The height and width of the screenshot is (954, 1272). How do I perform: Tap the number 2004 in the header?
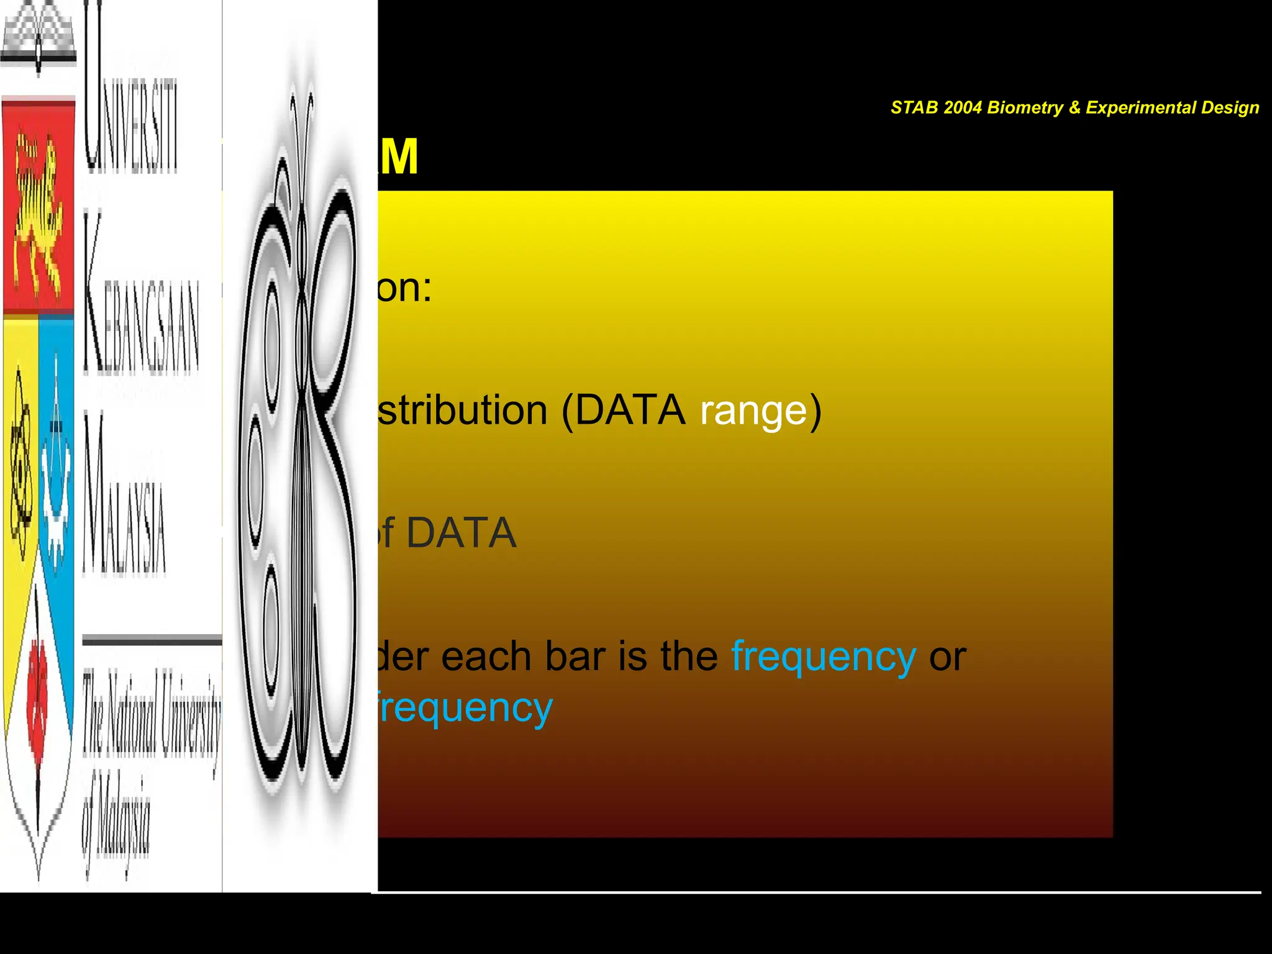coord(962,107)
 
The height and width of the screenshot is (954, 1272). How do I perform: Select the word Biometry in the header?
coord(1025,107)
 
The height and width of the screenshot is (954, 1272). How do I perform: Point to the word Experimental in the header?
coord(1140,107)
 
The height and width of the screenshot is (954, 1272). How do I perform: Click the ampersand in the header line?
coord(1074,107)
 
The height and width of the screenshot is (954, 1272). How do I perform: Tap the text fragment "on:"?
coord(404,288)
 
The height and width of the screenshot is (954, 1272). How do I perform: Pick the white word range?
coord(754,411)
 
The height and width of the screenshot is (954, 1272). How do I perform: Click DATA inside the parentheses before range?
coord(630,411)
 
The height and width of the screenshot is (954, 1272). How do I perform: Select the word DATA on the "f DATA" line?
coord(461,533)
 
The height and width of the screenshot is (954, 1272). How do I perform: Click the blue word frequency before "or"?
coord(824,658)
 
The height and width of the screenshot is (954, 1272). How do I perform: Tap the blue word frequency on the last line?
coord(465,709)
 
